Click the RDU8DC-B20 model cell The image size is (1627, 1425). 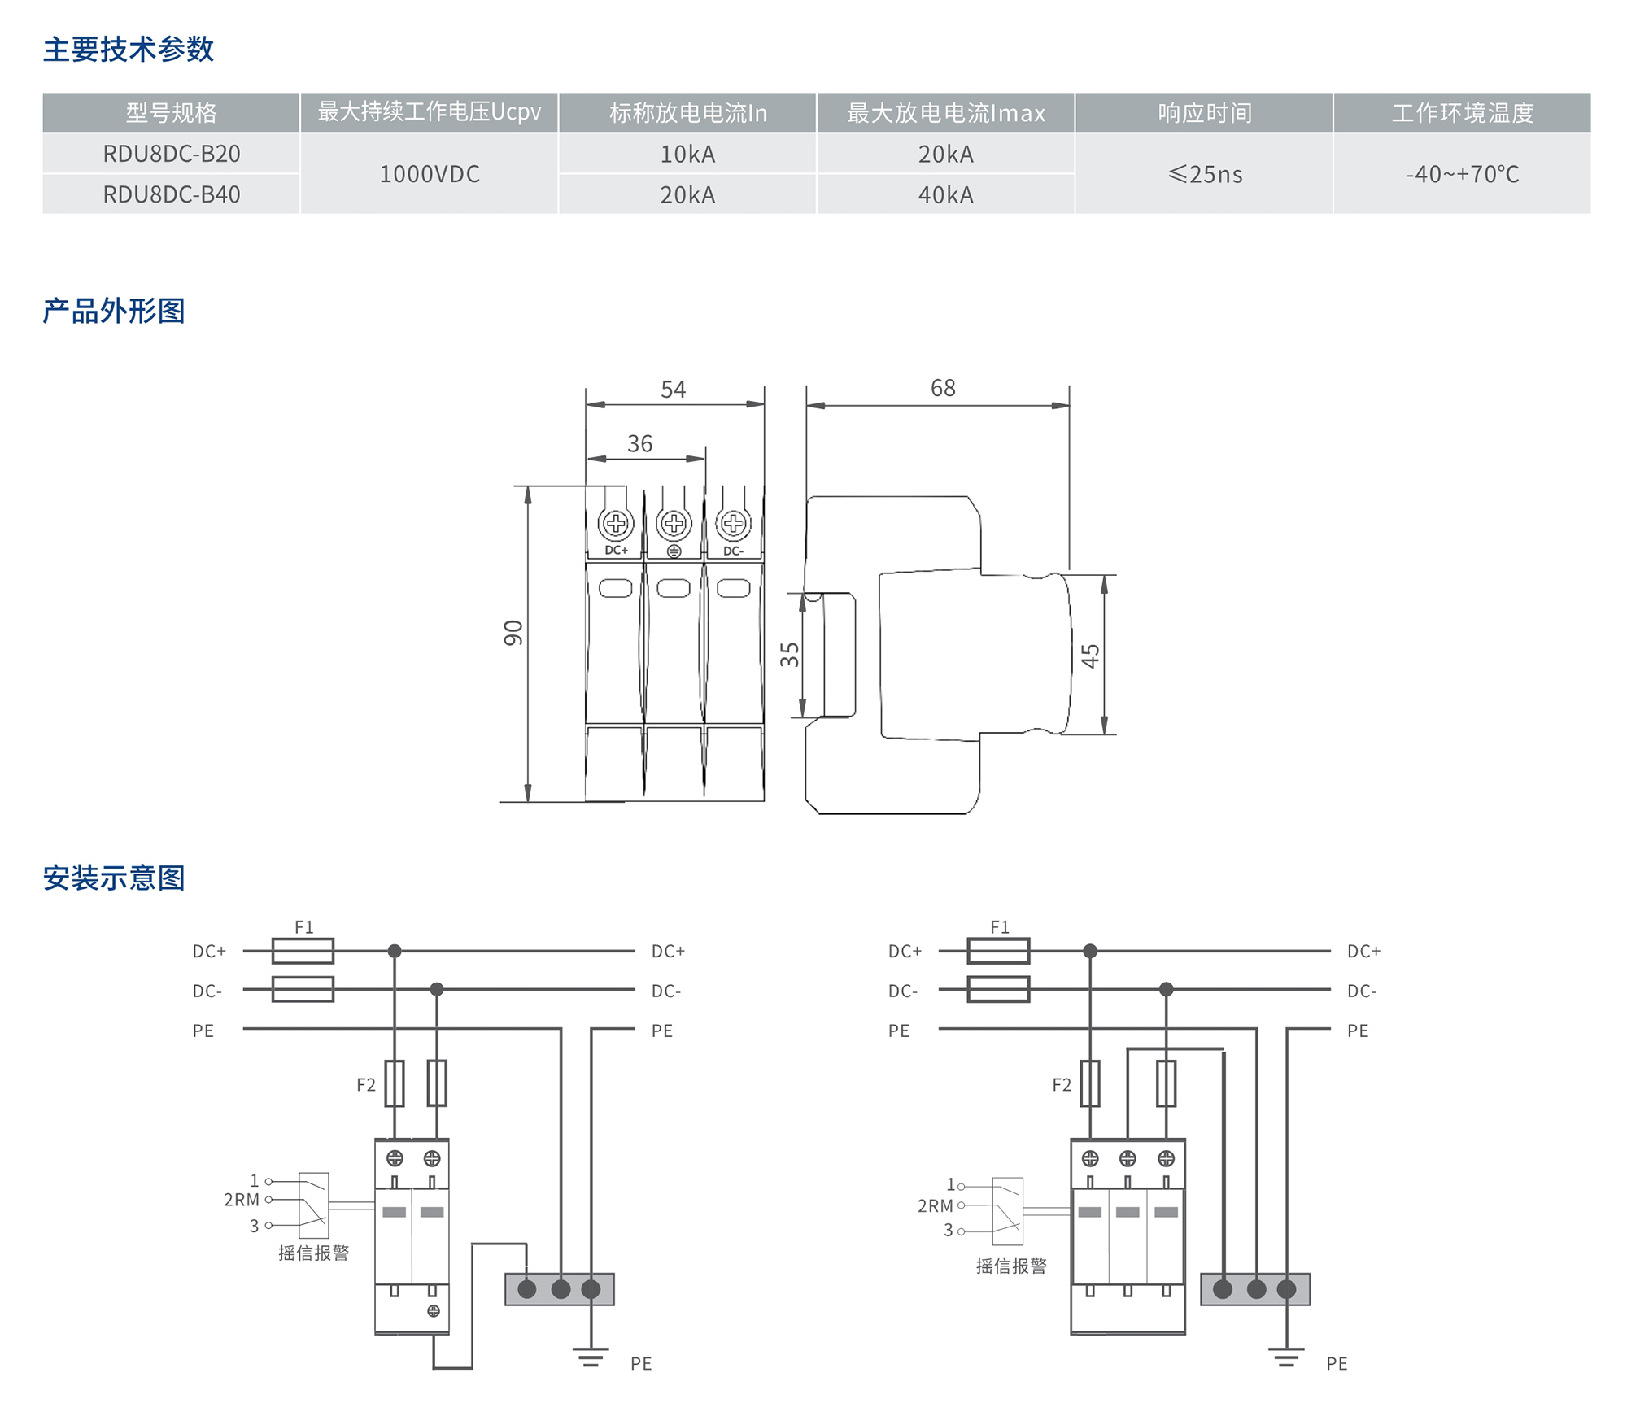click(172, 154)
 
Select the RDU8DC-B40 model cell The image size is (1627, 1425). click(172, 195)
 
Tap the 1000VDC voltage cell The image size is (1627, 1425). click(430, 174)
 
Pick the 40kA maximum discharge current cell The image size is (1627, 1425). click(945, 195)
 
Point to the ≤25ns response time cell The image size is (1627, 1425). click(1205, 174)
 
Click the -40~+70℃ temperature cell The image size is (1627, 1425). click(1462, 174)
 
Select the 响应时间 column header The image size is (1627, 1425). click(1205, 113)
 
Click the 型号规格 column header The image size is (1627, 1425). click(172, 113)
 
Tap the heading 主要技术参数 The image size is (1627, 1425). click(129, 50)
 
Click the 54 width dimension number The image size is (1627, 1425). click(673, 390)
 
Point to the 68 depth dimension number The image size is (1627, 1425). click(943, 388)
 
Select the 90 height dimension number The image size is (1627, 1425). click(513, 633)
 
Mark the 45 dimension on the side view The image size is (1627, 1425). click(1090, 656)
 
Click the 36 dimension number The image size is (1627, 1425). click(639, 444)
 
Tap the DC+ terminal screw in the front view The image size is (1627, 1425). click(616, 523)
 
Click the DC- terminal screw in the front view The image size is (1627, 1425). click(733, 523)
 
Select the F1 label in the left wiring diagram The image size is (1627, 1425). click(303, 927)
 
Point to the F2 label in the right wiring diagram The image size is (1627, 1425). click(1062, 1085)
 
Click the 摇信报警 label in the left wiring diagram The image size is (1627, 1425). click(313, 1253)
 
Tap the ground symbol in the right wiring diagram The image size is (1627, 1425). click(1285, 1357)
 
